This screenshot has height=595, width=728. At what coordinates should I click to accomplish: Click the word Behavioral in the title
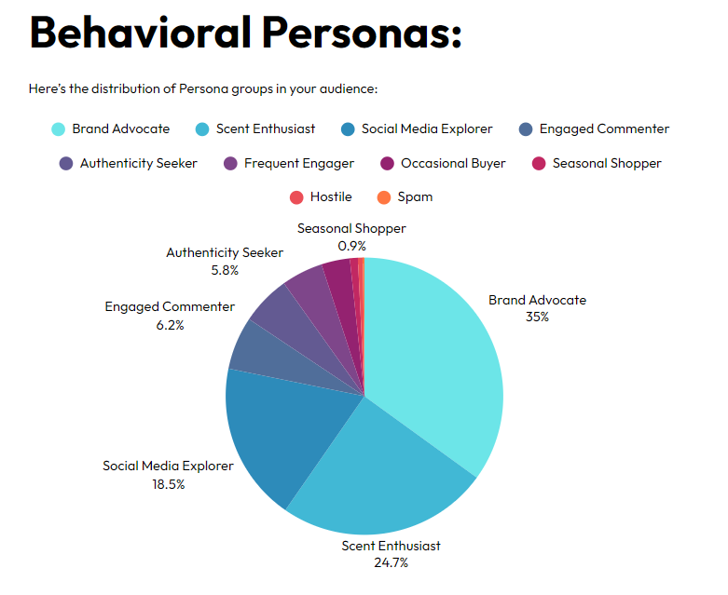point(138,34)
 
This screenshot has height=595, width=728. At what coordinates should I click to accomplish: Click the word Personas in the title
point(361,34)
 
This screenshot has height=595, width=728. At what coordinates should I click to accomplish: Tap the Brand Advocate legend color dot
point(58,129)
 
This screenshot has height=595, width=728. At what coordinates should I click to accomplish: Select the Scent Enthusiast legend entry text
point(265,129)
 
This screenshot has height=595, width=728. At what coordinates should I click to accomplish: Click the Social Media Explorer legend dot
point(348,129)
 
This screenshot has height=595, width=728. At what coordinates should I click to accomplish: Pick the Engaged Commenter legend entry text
point(604,129)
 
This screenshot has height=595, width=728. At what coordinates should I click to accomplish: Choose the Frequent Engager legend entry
point(298,163)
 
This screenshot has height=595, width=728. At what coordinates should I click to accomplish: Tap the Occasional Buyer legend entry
point(453,163)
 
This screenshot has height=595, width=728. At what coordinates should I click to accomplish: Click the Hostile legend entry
point(330,196)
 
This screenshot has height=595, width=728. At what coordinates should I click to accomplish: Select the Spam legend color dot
point(383,196)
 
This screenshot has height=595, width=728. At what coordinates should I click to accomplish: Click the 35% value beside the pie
point(537,317)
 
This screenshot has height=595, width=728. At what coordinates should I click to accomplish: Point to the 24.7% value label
point(390,562)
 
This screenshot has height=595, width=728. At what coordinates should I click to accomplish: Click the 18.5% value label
point(168,483)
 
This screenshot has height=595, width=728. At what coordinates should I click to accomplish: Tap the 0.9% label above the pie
point(351,246)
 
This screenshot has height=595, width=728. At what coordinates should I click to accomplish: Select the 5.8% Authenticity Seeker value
point(224,270)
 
